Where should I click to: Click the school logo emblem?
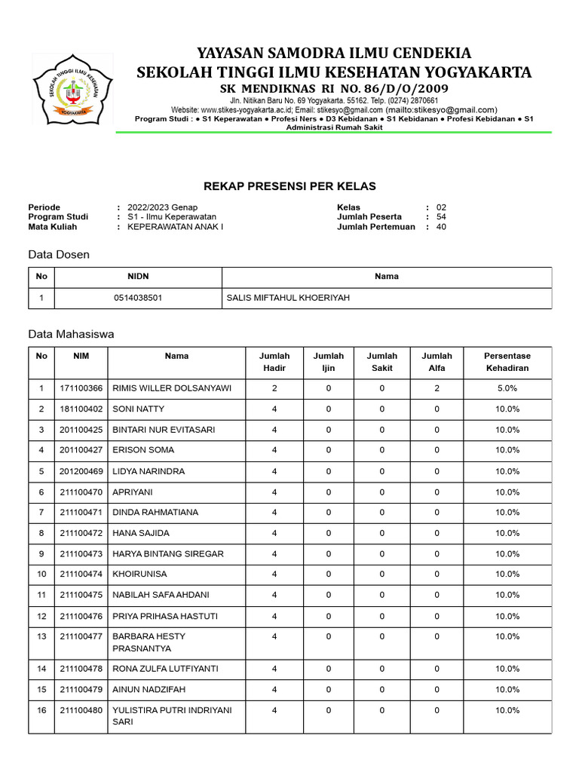(x=72, y=90)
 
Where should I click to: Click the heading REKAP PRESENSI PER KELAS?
(x=289, y=186)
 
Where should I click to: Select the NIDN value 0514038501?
(x=138, y=298)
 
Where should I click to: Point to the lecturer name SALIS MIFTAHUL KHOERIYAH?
(x=288, y=298)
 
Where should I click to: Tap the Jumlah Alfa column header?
(x=437, y=362)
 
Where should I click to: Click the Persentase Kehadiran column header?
(x=507, y=362)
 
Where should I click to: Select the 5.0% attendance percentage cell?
(x=507, y=388)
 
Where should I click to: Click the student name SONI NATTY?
(x=138, y=409)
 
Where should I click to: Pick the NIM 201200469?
(x=81, y=471)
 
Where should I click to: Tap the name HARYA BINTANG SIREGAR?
(x=167, y=554)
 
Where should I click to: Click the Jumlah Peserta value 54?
(x=441, y=217)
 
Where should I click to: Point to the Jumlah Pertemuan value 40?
(x=441, y=227)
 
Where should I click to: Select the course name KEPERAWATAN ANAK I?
(x=175, y=227)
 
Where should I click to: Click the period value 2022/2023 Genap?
(x=162, y=207)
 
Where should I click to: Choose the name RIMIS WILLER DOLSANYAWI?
(x=172, y=388)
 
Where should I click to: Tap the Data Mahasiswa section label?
(x=71, y=333)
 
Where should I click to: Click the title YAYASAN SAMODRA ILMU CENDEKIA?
(x=334, y=53)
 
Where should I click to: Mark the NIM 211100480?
(x=81, y=710)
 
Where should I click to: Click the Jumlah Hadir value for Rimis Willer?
(x=274, y=388)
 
